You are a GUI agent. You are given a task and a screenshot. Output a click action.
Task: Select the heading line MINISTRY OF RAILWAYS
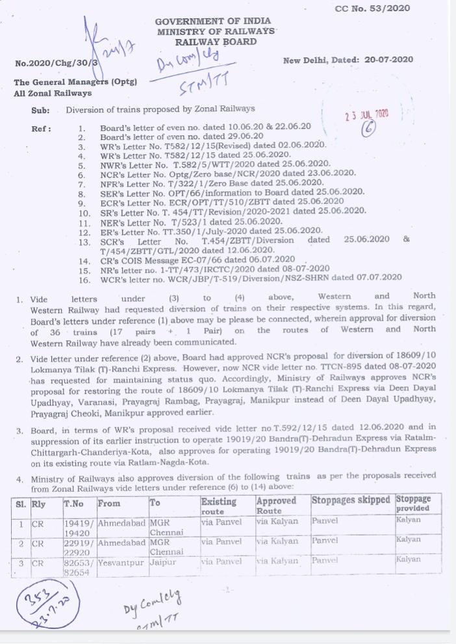pos(215,32)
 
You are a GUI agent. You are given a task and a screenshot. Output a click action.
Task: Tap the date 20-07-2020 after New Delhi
pos(388,60)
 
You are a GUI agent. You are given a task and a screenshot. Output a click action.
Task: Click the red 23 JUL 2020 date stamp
pos(367,114)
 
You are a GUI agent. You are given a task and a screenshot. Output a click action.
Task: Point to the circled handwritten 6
pos(369,129)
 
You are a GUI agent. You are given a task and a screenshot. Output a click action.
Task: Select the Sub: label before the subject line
pos(40,109)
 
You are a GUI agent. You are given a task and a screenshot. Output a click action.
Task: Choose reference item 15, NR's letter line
pos(214,269)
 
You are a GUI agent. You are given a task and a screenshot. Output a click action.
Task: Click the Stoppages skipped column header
pos(351,500)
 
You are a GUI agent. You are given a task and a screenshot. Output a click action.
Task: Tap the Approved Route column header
pos(276,505)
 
